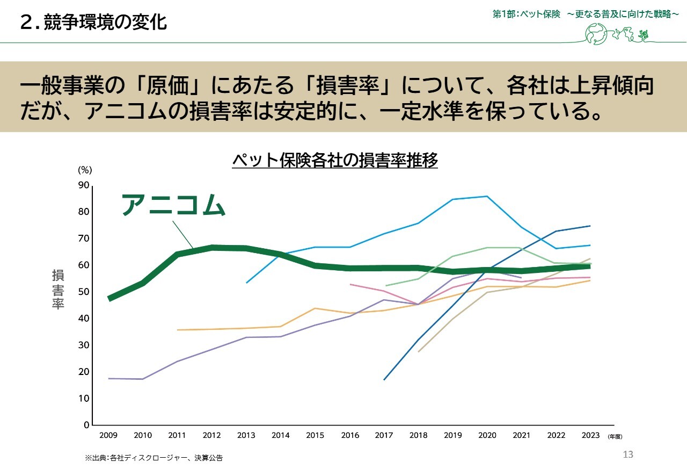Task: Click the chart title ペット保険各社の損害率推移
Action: (335, 160)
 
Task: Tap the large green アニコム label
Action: (172, 205)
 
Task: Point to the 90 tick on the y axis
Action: (84, 185)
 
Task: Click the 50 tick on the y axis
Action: (84, 292)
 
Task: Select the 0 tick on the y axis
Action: (86, 425)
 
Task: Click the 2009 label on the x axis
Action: (108, 436)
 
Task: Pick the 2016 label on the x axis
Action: (350, 436)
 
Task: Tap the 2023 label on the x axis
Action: (590, 436)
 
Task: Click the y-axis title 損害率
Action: (58, 290)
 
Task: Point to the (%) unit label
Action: (85, 170)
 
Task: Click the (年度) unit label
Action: (615, 437)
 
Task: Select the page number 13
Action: (628, 455)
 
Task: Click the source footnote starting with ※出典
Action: (154, 458)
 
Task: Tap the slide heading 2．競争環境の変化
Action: (93, 22)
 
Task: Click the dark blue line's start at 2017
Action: (384, 380)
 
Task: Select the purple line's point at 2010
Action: (143, 379)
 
